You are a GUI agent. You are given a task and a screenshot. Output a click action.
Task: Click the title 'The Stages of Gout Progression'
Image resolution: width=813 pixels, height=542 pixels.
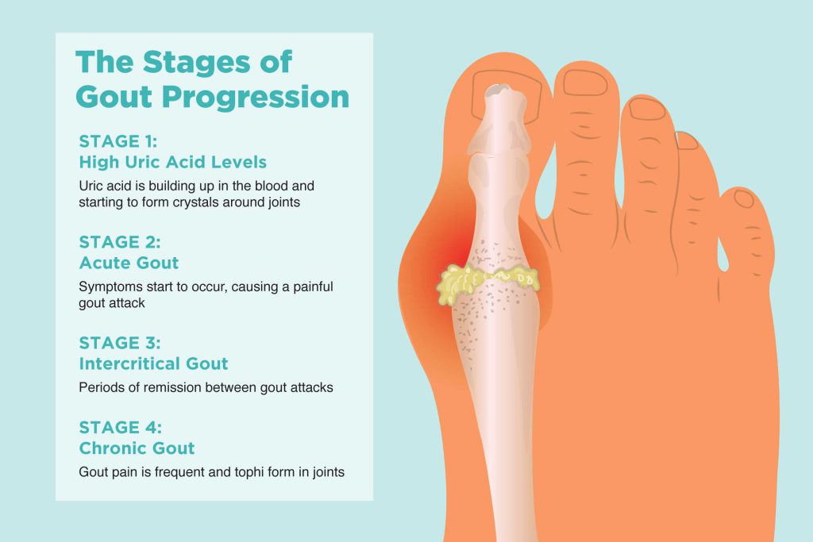(212, 79)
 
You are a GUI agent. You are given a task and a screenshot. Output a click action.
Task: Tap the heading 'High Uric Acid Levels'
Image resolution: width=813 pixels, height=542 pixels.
(172, 162)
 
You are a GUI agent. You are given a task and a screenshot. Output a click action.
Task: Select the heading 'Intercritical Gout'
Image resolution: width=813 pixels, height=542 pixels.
(153, 363)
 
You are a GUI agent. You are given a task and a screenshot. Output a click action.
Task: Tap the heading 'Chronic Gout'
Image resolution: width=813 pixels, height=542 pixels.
(137, 448)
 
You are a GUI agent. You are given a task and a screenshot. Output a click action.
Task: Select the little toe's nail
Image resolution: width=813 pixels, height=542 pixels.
(744, 198)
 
